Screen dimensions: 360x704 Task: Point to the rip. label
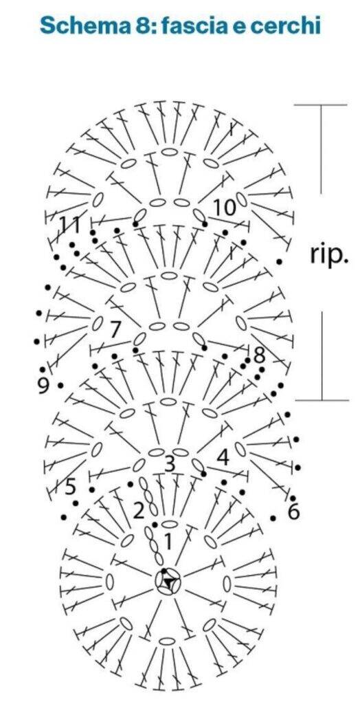[328, 254]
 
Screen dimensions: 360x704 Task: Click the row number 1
[168, 542]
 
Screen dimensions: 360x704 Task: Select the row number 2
[139, 510]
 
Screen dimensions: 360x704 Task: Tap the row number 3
[170, 464]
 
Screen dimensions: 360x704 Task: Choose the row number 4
[223, 457]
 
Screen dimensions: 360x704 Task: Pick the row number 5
[70, 486]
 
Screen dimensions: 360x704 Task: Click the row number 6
[293, 511]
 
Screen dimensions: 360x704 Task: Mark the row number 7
[115, 330]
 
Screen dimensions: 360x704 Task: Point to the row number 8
[260, 355]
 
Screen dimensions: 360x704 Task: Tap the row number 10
[224, 207]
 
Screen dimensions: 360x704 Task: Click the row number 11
[71, 225]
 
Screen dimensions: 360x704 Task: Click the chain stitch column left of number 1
[154, 545]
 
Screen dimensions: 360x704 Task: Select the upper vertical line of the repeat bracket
[321, 149]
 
